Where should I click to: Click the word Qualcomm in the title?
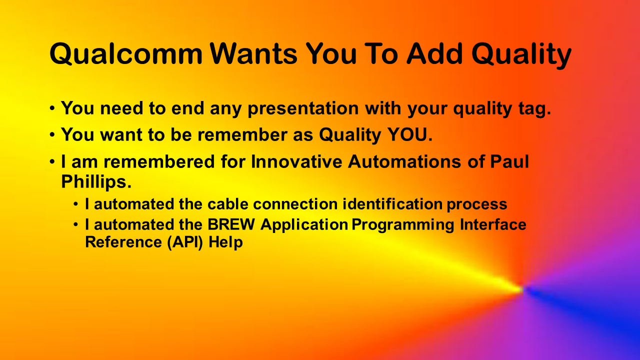[x=126, y=53]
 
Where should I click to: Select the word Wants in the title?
[x=253, y=53]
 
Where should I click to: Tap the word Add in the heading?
[x=434, y=53]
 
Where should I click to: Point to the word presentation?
[x=303, y=109]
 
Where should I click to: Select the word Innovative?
[x=296, y=161]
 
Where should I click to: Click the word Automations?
[x=404, y=161]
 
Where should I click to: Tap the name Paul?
[x=509, y=161]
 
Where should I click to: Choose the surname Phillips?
[x=96, y=182]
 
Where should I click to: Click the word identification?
[x=392, y=204]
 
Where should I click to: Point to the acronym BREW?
[x=231, y=224]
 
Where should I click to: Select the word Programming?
[x=403, y=225]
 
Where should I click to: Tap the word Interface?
[x=493, y=224]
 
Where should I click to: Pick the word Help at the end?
[x=225, y=242]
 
